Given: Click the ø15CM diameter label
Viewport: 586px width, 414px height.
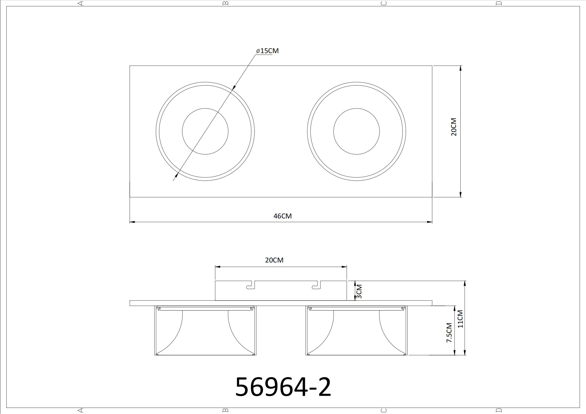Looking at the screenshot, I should pos(267,51).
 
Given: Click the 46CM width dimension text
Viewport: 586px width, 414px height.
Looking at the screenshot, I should pos(283,216).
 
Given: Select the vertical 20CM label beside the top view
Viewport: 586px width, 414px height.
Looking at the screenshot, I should pos(453,127).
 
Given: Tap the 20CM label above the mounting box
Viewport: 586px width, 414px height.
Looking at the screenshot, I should pos(274,260).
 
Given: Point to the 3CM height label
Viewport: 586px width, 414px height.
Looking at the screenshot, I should pos(359,292).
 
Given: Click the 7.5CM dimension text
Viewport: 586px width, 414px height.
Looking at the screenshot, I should pos(449,333).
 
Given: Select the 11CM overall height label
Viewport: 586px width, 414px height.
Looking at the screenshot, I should pos(460,319).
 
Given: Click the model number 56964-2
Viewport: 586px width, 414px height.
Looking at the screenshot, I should pos(283,386).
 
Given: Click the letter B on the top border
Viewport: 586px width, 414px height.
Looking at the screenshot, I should pos(225,3).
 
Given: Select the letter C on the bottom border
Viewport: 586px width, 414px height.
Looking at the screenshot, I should pos(383,410).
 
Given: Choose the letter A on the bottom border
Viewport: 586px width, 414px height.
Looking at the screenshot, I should pos(81,410).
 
